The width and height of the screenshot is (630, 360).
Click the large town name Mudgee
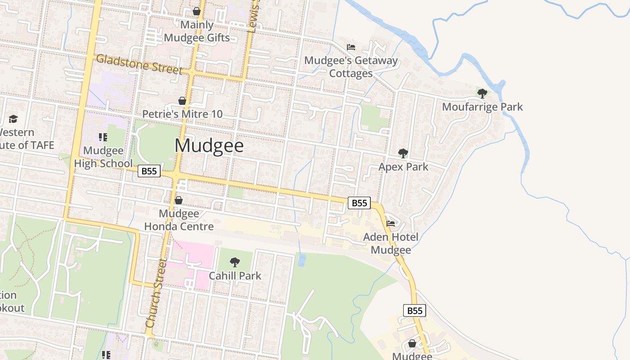[209, 146]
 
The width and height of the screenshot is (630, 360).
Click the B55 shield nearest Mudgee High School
[149, 171]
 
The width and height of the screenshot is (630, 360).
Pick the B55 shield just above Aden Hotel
[359, 203]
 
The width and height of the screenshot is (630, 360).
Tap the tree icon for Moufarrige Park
[482, 94]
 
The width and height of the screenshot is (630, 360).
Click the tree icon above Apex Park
[403, 153]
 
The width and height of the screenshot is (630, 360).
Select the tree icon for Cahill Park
[234, 262]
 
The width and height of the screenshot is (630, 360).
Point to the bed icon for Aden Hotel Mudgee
[391, 223]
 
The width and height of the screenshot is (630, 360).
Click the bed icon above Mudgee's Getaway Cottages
[351, 47]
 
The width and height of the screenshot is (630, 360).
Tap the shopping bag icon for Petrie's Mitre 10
[182, 101]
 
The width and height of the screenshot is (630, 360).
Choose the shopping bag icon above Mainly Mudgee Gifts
[197, 11]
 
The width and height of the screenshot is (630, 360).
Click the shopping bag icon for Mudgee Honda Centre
[179, 200]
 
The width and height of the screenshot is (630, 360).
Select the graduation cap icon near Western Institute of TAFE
[13, 119]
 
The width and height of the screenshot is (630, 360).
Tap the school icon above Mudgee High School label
[103, 137]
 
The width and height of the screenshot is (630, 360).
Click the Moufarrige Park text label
[482, 107]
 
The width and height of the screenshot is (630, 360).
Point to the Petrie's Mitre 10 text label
[182, 114]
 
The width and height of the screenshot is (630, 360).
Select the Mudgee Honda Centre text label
[179, 220]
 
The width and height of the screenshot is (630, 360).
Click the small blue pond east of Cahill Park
[301, 260]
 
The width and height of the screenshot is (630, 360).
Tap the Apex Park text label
[403, 167]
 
